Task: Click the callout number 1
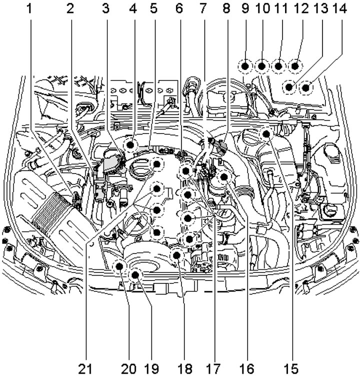click(x=31, y=8)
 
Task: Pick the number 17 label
click(x=215, y=369)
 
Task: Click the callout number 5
click(x=152, y=8)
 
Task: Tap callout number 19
click(x=151, y=369)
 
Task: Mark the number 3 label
click(x=105, y=8)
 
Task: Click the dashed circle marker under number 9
click(x=245, y=66)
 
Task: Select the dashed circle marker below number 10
click(x=261, y=66)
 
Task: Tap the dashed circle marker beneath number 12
click(x=295, y=66)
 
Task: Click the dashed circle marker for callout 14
click(x=305, y=88)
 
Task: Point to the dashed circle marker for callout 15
click(x=266, y=133)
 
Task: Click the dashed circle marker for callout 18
click(x=176, y=255)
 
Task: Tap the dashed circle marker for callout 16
click(x=223, y=176)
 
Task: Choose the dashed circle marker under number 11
click(x=278, y=66)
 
